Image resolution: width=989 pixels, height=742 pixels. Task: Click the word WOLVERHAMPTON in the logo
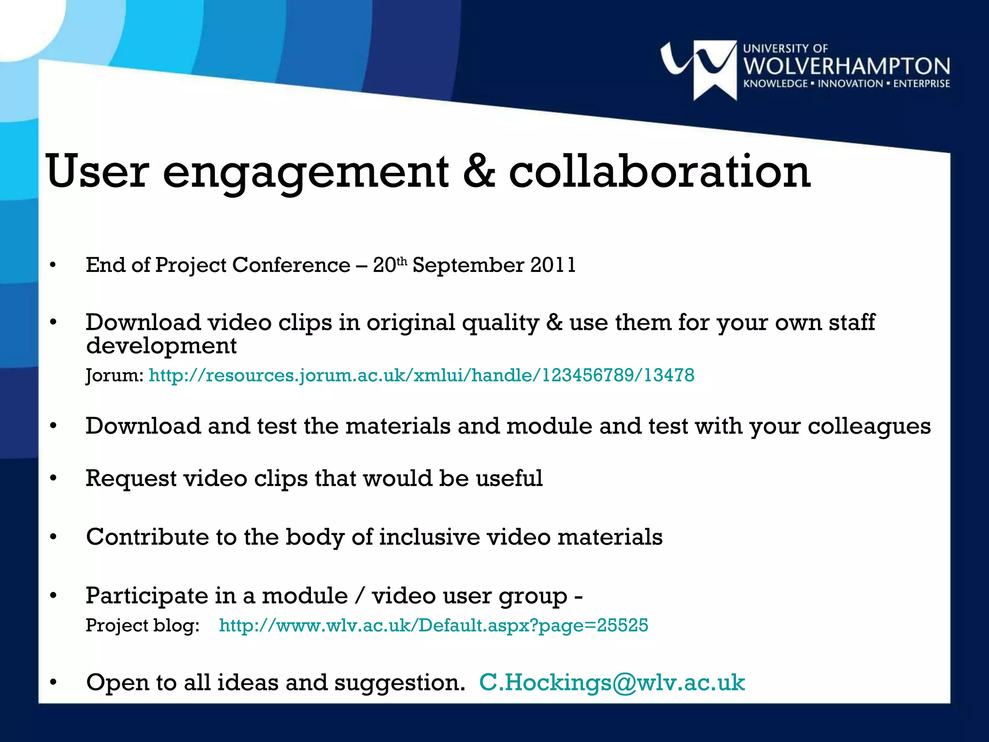(847, 67)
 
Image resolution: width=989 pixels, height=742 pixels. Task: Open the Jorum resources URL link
(421, 375)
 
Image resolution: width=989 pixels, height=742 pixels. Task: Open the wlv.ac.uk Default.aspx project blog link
(433, 626)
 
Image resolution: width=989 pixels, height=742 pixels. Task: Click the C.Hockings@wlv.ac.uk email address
(612, 683)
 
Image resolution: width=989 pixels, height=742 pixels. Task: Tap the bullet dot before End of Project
(53, 265)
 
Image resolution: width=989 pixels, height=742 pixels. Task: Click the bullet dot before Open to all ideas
(53, 683)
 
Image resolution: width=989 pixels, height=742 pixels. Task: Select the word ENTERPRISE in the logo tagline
(921, 84)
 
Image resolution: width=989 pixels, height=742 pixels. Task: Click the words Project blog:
(142, 626)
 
